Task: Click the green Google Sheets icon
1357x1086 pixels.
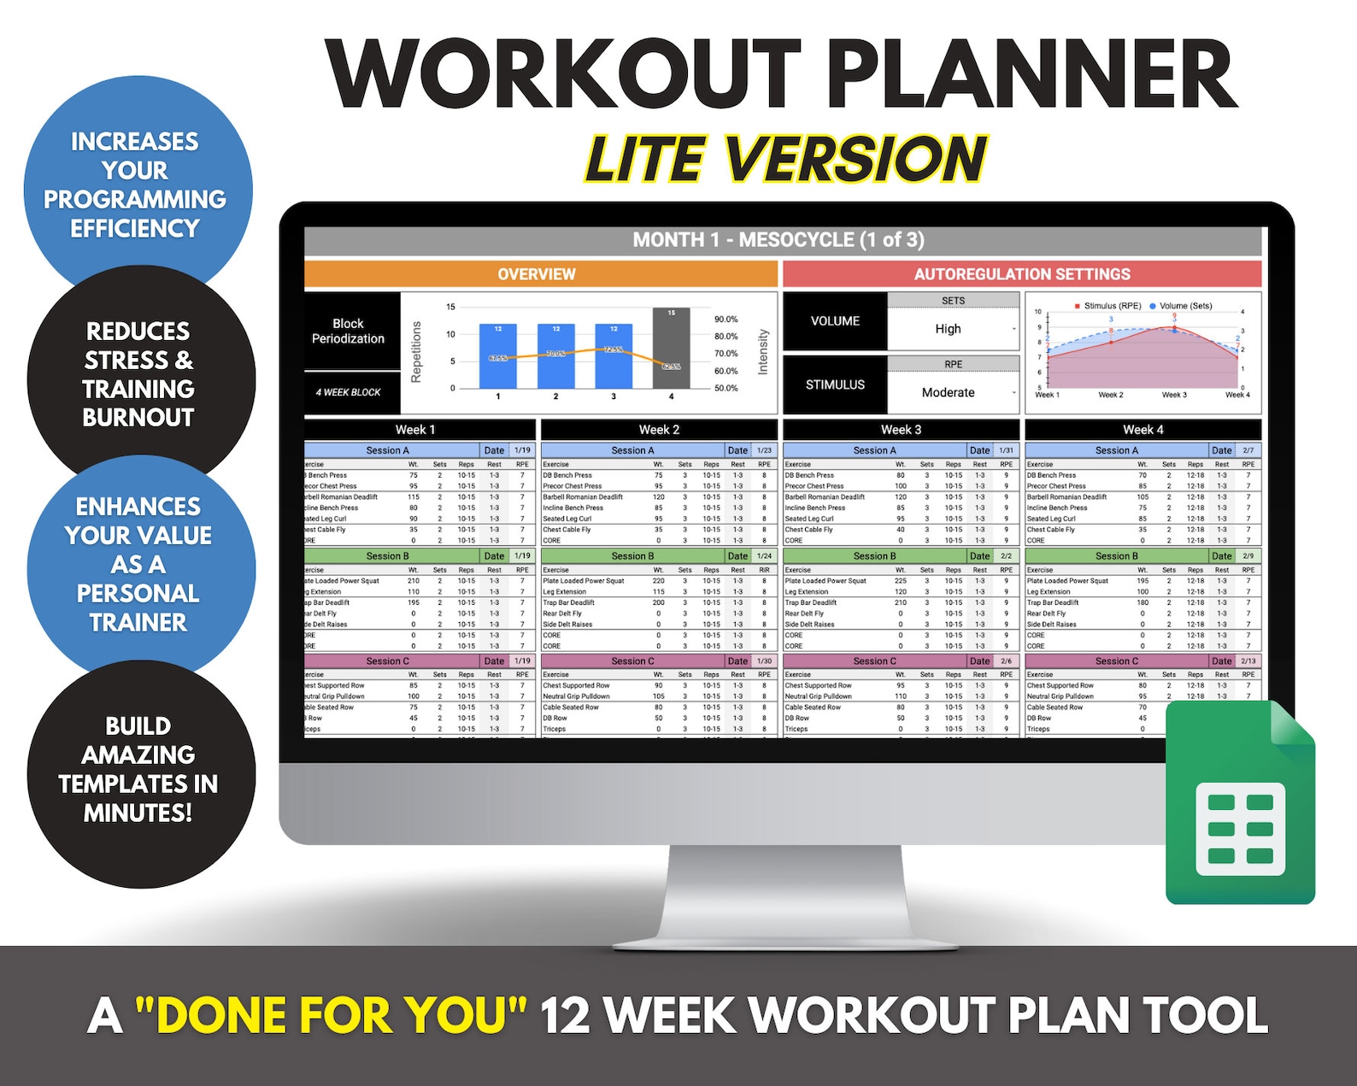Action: [x=1239, y=807]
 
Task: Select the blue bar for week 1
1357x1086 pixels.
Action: [x=497, y=355]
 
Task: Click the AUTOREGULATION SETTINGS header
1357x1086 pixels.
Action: [x=1021, y=274]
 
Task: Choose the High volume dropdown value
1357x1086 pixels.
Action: [x=949, y=329]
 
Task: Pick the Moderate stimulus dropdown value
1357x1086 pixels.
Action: [x=949, y=393]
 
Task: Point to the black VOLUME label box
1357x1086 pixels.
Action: [x=835, y=321]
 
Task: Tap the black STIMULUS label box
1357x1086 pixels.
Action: [x=835, y=385]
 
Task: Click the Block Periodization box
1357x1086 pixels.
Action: [x=349, y=332]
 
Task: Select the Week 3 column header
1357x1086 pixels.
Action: [x=901, y=430]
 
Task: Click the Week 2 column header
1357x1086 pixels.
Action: [x=659, y=430]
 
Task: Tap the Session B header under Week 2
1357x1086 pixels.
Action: [x=632, y=556]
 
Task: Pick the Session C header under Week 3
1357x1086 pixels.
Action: [x=874, y=661]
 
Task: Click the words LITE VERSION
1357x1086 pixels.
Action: [x=785, y=160]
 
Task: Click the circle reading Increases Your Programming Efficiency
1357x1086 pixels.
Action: [x=136, y=185]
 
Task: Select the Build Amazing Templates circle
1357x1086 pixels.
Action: [x=138, y=769]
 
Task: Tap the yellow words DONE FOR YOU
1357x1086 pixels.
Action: [x=332, y=1015]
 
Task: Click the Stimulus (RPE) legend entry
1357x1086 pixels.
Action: [x=1107, y=306]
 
